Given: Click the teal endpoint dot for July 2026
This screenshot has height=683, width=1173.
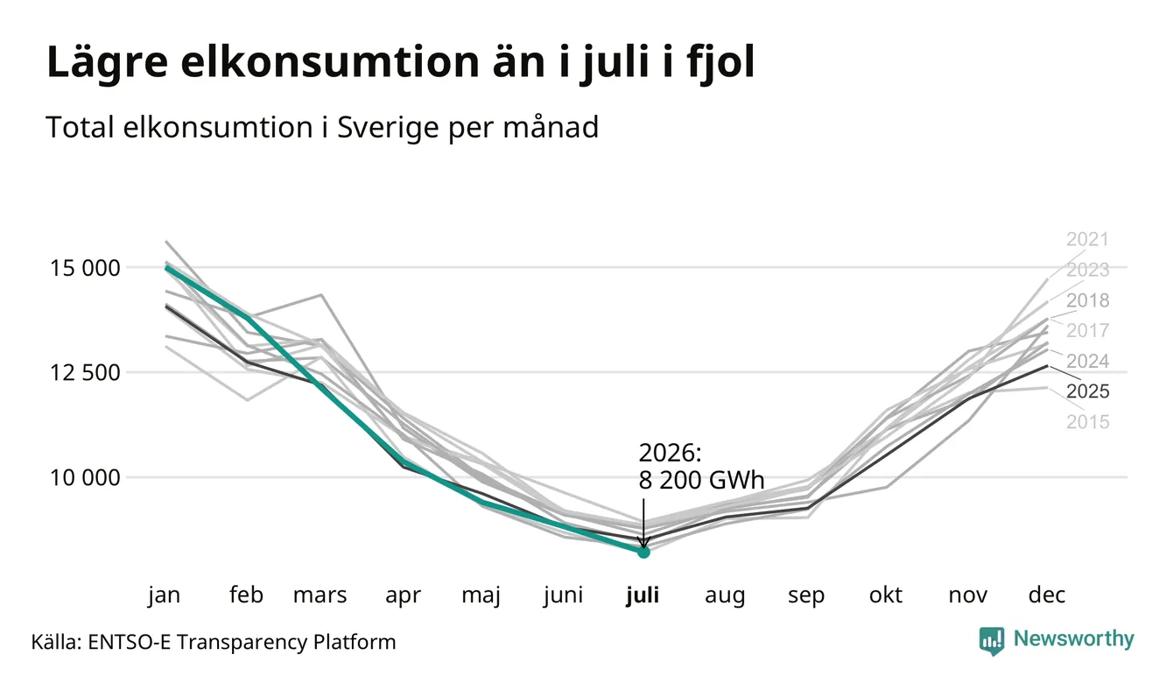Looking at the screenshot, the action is (x=643, y=552).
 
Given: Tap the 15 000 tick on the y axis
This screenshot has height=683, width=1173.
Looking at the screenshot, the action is (x=85, y=268).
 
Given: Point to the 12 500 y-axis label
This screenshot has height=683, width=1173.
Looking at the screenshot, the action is (x=85, y=373).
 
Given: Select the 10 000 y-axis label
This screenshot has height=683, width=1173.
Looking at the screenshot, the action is (x=85, y=478).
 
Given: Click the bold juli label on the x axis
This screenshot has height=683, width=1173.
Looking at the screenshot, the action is (x=643, y=595).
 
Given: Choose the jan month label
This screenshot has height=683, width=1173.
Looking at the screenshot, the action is (x=164, y=595).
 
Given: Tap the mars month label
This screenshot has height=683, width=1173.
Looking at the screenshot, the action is (x=320, y=595).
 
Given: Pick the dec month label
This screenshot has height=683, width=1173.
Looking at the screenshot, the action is (x=1047, y=595).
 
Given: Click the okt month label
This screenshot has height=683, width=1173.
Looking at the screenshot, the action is (x=886, y=595).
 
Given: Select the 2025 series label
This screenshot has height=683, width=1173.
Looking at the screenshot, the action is (x=1087, y=391).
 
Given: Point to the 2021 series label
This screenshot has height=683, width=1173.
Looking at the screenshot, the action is (x=1087, y=239).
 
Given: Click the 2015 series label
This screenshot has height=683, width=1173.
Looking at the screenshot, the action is (x=1087, y=422).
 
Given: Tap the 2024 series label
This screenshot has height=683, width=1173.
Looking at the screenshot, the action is (x=1087, y=361).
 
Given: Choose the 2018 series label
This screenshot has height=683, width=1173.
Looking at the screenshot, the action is (x=1087, y=300).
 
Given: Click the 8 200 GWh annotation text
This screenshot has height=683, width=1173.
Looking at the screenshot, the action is (x=701, y=480).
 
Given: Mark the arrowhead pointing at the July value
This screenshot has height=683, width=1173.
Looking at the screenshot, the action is (x=643, y=542).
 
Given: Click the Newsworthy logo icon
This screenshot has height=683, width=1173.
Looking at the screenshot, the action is (x=991, y=641).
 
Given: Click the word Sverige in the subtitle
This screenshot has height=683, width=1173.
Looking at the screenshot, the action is (x=388, y=127).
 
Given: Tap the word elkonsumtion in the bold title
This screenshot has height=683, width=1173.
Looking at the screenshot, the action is (x=330, y=62).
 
